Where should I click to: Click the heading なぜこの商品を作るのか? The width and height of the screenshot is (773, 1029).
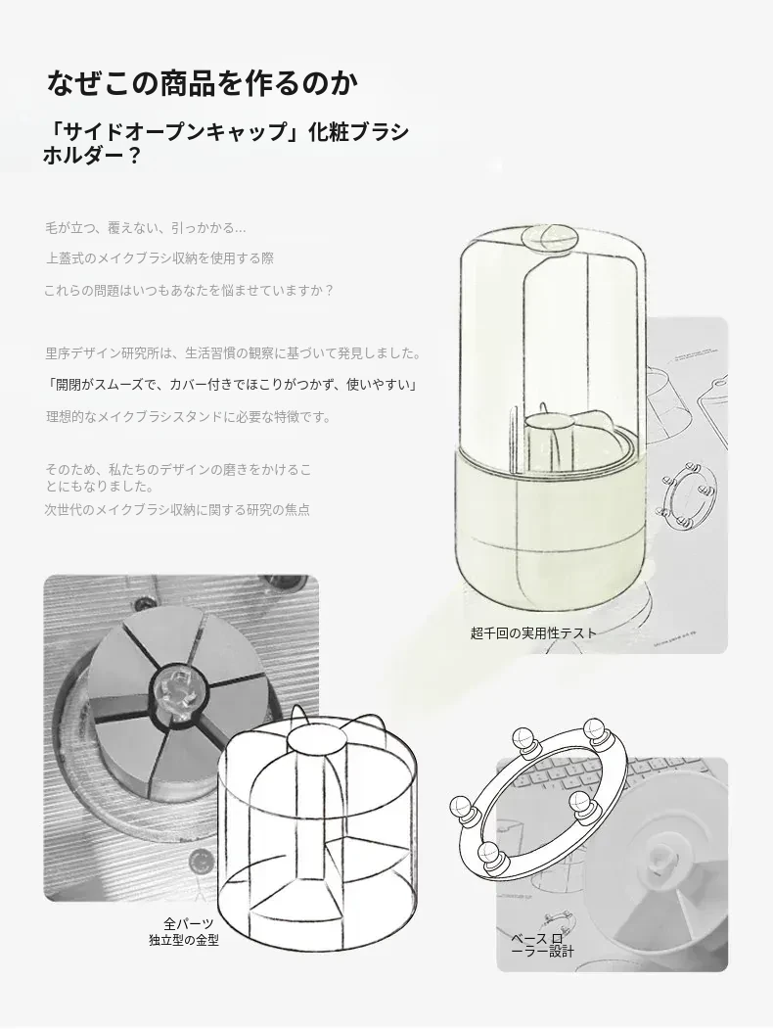click(203, 82)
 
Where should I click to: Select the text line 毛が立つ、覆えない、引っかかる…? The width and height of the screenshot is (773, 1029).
click(146, 228)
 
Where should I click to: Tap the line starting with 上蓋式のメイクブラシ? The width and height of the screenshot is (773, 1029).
click(159, 258)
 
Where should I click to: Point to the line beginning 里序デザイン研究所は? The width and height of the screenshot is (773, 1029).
click(233, 353)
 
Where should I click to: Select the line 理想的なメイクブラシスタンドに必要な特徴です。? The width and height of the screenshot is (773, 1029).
click(189, 417)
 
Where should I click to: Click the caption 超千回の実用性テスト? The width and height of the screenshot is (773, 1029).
click(533, 633)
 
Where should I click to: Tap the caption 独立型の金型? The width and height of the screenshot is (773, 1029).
click(184, 941)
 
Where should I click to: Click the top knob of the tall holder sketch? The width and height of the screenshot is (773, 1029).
click(550, 237)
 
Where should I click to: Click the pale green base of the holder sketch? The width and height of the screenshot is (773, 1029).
click(551, 525)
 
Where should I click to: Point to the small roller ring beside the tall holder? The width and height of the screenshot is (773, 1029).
click(687, 493)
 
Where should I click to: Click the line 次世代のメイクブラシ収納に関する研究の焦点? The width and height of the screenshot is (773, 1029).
click(177, 510)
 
